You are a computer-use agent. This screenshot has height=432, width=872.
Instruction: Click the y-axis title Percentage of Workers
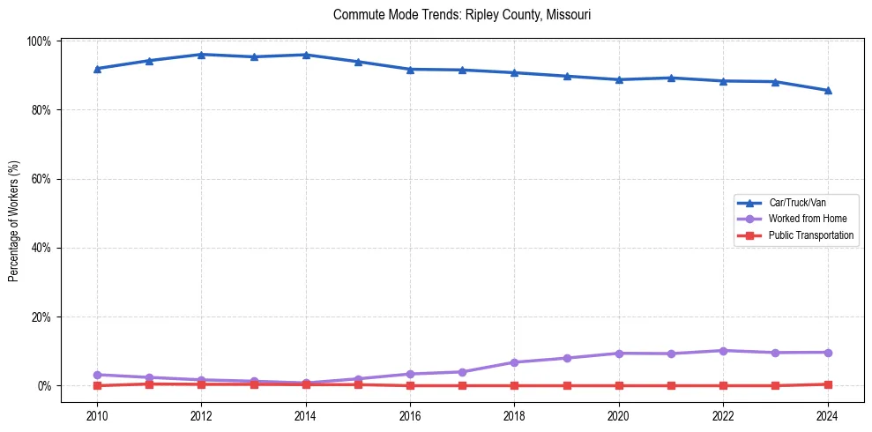(13, 213)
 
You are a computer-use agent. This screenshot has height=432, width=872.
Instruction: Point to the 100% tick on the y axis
(39, 41)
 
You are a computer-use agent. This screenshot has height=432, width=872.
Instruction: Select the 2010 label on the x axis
(97, 416)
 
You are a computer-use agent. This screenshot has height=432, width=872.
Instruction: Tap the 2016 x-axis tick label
(410, 416)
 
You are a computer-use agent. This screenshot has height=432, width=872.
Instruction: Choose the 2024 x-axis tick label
(827, 416)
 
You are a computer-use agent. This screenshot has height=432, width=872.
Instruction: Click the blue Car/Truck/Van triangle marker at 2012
(201, 55)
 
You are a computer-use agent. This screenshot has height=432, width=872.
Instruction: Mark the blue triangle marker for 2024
(827, 90)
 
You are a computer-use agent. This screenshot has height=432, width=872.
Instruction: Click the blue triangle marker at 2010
(97, 69)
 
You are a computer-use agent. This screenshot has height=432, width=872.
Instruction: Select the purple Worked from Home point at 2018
(514, 362)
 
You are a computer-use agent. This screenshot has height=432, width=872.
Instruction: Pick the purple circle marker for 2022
(723, 351)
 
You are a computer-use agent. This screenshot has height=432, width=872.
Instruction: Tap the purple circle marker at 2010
(97, 375)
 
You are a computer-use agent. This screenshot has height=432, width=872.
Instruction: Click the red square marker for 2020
(618, 385)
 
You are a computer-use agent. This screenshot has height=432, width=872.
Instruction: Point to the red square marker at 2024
(827, 384)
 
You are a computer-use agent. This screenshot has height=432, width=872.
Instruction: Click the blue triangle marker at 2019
(566, 76)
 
